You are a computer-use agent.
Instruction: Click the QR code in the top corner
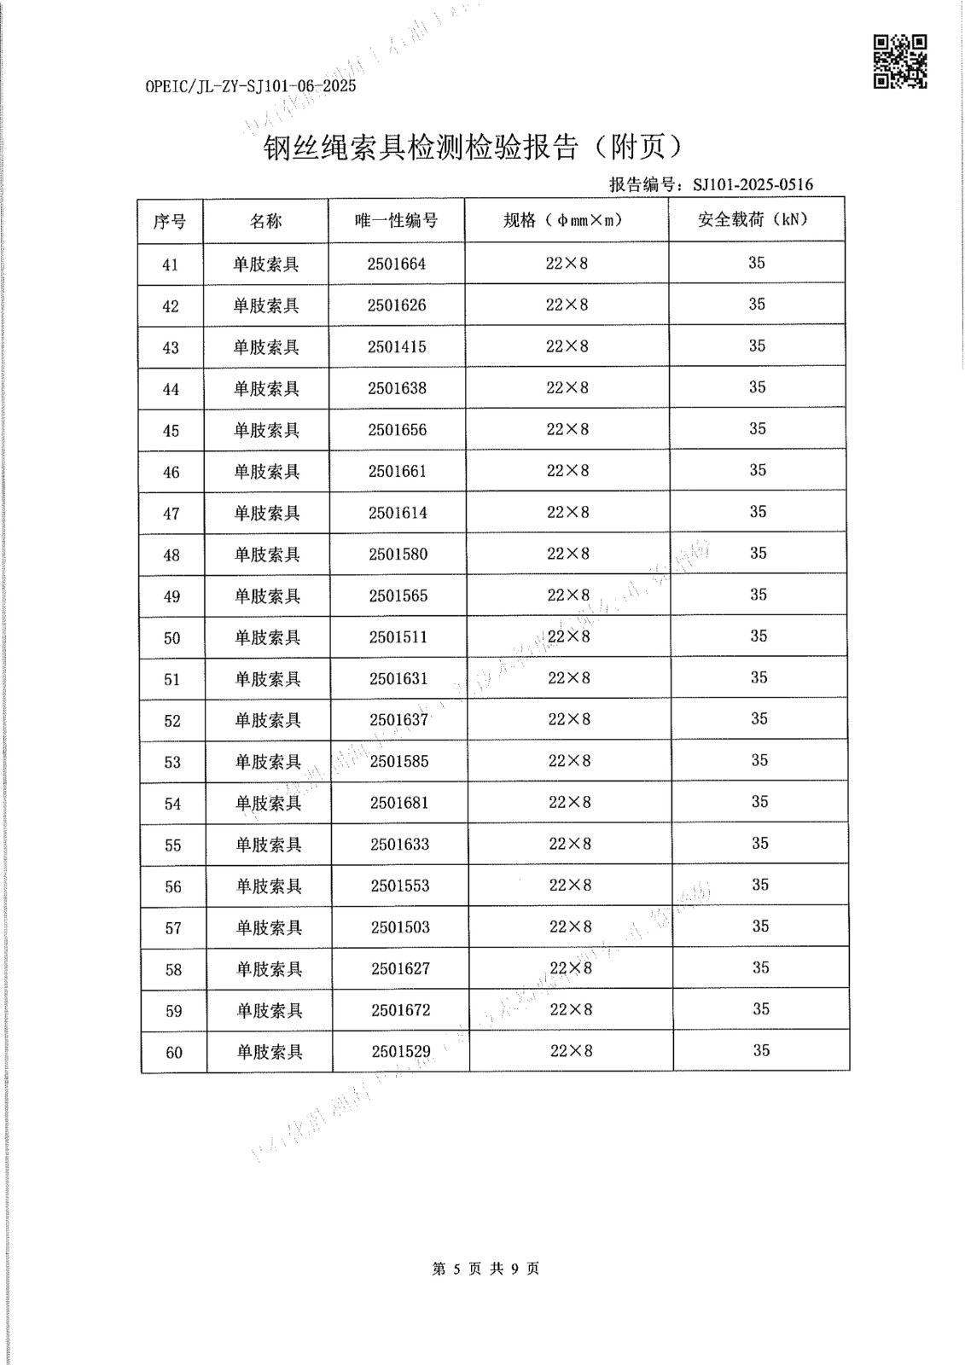[899, 61]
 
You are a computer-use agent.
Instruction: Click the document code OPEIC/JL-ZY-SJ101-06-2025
[251, 86]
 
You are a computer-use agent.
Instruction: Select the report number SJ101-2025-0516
[753, 184]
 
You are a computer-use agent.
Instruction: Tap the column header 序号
[170, 221]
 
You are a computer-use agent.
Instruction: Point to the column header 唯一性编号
[397, 221]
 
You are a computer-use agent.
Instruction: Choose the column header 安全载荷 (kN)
[753, 219]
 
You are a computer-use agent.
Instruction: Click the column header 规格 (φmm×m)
[564, 220]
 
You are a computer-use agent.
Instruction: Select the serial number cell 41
[170, 264]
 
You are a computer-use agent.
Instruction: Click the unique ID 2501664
[397, 264]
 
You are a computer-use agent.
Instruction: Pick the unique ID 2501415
[397, 347]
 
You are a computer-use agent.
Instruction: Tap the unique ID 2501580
[398, 555]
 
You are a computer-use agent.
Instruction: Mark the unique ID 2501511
[398, 637]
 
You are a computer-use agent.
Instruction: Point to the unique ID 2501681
[399, 803]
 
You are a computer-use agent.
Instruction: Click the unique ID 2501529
[401, 1052]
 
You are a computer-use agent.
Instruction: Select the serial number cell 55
[173, 845]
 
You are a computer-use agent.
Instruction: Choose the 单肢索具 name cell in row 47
[267, 514]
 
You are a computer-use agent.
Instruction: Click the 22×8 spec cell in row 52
[569, 719]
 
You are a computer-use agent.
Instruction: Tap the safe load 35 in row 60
[761, 1050]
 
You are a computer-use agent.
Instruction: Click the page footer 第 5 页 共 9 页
[485, 1269]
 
